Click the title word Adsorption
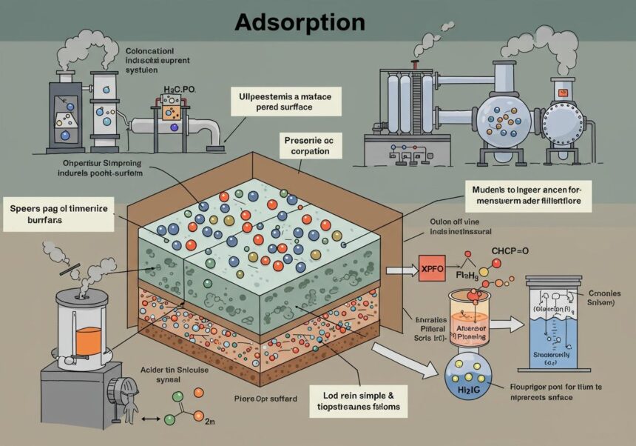click(300, 22)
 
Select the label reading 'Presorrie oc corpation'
click(312, 146)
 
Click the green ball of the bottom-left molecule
click(169, 419)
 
